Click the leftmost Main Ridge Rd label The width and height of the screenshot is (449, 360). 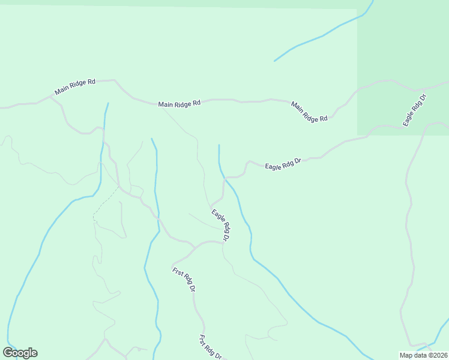tap(75, 87)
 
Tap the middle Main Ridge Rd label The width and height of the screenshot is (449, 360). tap(179, 104)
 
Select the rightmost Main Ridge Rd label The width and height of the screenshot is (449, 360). tap(309, 112)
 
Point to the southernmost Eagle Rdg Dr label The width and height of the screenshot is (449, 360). tap(220, 225)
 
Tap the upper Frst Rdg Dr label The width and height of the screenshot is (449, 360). tap(184, 280)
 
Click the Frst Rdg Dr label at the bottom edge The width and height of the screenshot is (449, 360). tap(211, 347)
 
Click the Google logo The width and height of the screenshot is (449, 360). tap(20, 353)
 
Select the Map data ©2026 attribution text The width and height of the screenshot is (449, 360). tap(423, 355)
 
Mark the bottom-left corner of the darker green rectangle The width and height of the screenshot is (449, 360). tap(358, 135)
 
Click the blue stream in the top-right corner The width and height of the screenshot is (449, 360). tap(324, 35)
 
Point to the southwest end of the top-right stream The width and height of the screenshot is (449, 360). tap(275, 61)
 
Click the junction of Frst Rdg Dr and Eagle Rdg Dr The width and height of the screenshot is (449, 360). tap(196, 247)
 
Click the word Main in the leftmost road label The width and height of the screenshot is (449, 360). tap(62, 91)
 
